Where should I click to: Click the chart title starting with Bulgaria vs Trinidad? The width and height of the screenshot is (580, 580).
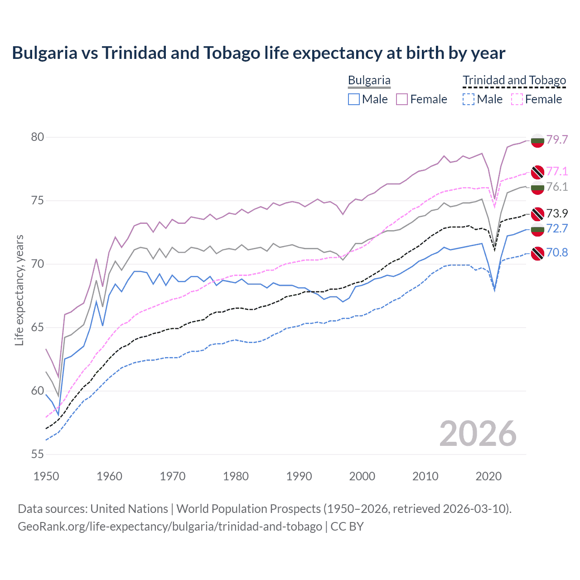point(258,53)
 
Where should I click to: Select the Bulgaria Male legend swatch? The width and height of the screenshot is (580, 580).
point(354,99)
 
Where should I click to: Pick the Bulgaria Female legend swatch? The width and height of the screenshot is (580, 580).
point(402,99)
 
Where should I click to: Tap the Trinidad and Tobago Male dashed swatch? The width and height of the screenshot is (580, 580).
point(469,99)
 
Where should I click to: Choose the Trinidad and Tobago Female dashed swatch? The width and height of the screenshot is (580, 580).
point(517,99)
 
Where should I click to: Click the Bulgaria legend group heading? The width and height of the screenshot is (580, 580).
point(369,81)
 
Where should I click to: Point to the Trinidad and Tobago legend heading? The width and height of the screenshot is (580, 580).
point(514,81)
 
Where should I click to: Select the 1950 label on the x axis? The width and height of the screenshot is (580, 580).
point(46,476)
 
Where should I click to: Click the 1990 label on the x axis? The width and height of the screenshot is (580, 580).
point(299,476)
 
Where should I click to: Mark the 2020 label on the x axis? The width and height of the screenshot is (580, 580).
point(488,476)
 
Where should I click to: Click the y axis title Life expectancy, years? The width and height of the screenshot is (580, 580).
point(19,290)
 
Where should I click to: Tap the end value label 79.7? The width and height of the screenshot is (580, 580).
point(557,140)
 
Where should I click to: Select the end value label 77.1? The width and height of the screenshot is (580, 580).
point(557,171)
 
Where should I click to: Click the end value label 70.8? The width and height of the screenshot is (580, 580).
point(557,252)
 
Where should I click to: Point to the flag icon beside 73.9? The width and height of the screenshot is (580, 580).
point(537,213)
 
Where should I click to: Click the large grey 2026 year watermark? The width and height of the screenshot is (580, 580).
point(478,434)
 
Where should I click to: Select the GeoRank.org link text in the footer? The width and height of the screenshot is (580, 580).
point(170,527)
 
